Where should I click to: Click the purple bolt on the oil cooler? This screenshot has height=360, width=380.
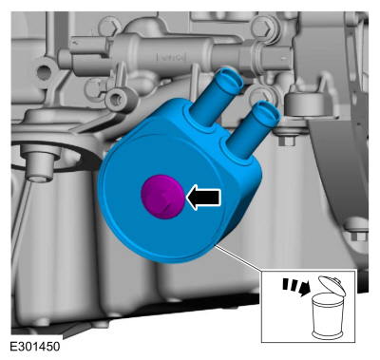[161, 197]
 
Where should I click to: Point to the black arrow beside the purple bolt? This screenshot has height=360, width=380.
[203, 198]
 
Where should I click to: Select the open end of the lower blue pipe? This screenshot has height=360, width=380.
[268, 111]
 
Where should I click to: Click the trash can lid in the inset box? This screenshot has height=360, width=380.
[332, 285]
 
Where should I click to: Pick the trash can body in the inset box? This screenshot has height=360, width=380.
[327, 315]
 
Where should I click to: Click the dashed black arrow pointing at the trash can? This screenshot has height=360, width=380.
[295, 287]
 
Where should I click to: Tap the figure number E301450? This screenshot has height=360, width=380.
[35, 347]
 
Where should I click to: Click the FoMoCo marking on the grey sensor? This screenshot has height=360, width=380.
[172, 58]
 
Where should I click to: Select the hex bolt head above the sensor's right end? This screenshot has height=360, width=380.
[263, 27]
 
